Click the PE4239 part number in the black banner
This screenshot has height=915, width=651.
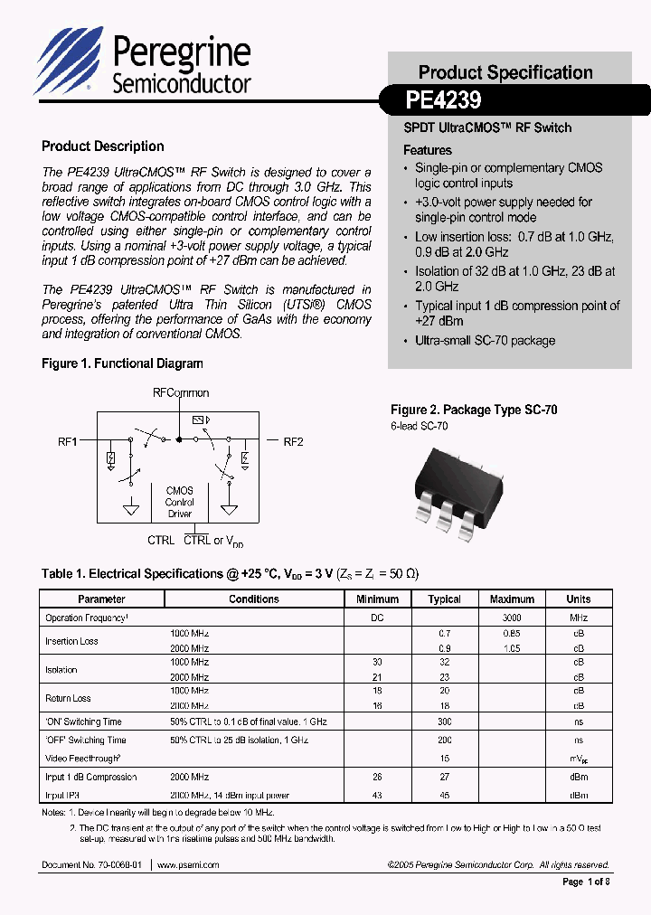coord(443,99)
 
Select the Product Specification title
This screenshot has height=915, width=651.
coord(505,72)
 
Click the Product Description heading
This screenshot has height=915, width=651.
coord(103,146)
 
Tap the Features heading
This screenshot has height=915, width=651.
coord(427,150)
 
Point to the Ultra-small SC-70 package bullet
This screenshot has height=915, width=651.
coord(485,341)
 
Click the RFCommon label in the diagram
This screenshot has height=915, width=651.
coord(180,393)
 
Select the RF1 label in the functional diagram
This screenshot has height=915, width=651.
coord(68,442)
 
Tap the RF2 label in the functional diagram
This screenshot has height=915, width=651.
coord(294,442)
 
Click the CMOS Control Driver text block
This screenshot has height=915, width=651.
coord(179,502)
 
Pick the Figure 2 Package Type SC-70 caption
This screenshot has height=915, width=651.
coord(474,410)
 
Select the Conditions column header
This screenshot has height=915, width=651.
coord(253,599)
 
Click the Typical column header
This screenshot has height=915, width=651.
coord(444,599)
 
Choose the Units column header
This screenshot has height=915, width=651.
coord(578,599)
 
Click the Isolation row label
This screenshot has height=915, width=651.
coord(61,670)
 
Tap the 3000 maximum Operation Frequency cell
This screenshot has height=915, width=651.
coord(512,618)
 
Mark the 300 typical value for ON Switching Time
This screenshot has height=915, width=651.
coord(444,722)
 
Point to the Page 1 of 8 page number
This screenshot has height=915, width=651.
coord(586,882)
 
